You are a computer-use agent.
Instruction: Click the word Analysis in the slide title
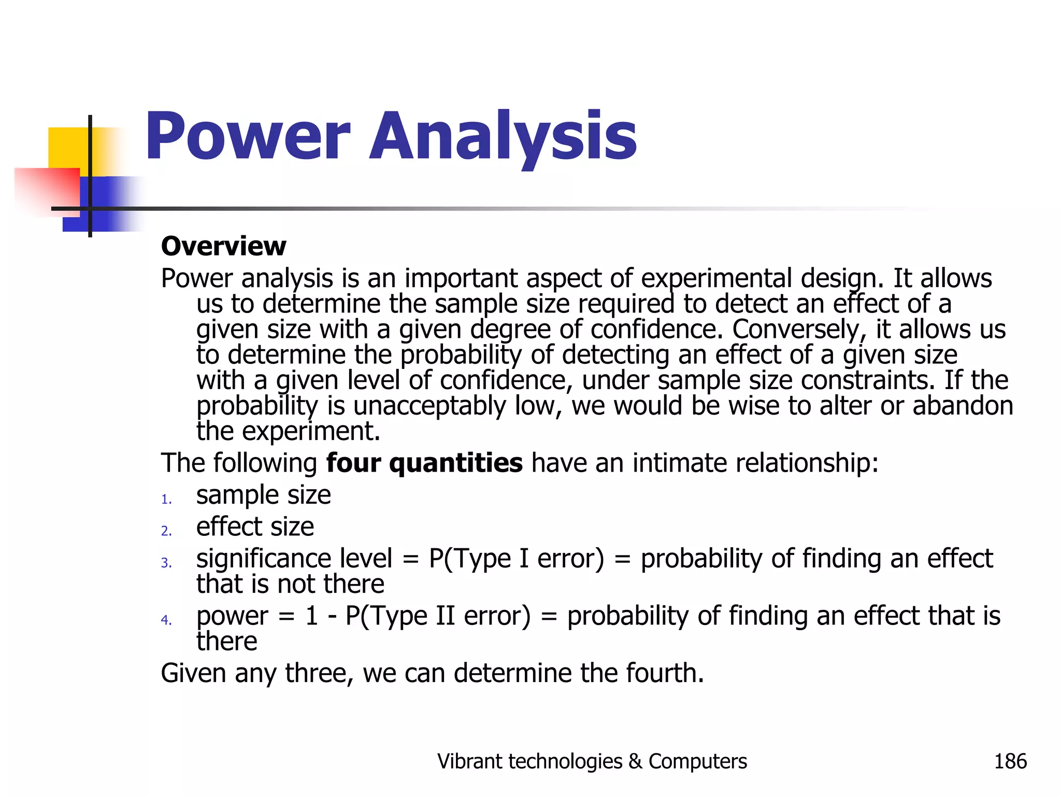coord(503,137)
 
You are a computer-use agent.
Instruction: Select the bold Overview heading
coord(223,246)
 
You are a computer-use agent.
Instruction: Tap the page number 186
coord(1010,761)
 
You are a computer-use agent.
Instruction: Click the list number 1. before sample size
coord(166,500)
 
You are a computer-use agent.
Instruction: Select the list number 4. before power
coord(166,620)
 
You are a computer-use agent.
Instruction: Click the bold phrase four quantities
coord(424,463)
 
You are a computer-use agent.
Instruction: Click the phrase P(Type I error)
coord(516,559)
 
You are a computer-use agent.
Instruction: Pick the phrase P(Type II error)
coord(438,617)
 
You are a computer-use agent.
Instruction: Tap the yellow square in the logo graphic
coord(67,148)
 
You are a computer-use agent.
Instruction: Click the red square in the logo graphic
coord(47,189)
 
